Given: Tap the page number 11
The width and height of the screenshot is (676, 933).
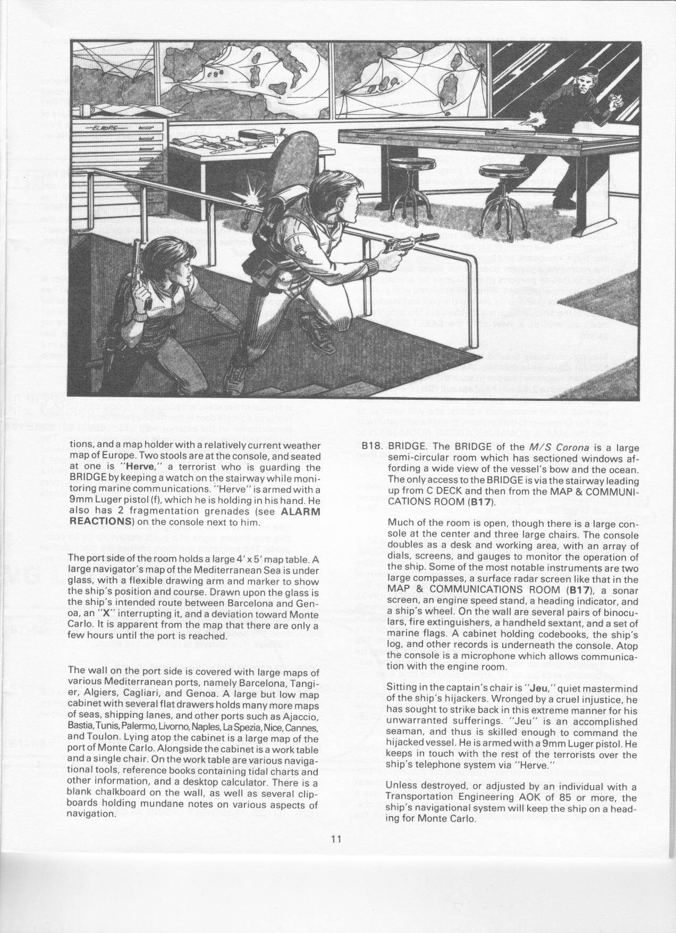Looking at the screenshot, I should coord(335,854).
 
